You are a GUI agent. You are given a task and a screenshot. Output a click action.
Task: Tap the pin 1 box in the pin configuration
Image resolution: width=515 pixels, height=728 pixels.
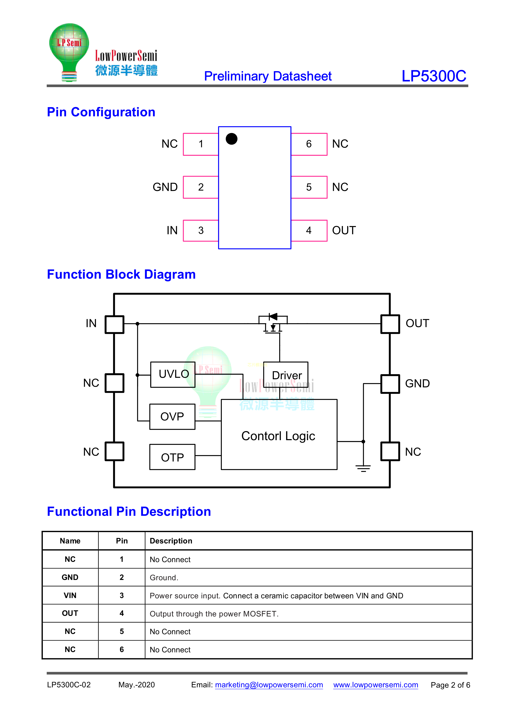coord(201,144)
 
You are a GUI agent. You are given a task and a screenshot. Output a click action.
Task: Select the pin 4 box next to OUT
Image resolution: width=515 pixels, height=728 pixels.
coord(309,231)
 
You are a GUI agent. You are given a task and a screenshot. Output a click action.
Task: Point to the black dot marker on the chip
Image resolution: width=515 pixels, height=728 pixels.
coord(232,139)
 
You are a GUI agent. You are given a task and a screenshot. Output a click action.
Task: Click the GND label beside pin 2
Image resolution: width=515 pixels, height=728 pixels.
coord(165,187)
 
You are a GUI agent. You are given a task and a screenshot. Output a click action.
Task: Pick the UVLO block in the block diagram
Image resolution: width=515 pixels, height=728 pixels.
coord(173,374)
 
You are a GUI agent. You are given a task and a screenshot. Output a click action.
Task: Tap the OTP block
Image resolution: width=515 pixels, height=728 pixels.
coord(172,457)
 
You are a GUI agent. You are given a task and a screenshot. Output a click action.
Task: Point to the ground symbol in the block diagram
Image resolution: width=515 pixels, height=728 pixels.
coord(363,468)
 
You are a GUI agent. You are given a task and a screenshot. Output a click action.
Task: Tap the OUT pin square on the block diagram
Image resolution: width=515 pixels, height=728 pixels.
coord(390,324)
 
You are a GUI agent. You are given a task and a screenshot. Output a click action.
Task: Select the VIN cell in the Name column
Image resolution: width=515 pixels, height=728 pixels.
coord(70,595)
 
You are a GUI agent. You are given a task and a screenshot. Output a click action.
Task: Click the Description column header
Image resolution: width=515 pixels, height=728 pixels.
coord(171,541)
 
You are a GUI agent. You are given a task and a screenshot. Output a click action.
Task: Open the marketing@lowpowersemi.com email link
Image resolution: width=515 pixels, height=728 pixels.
coord(269,685)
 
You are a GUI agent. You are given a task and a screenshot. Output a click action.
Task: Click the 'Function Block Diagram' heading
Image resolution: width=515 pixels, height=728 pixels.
coord(121,274)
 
